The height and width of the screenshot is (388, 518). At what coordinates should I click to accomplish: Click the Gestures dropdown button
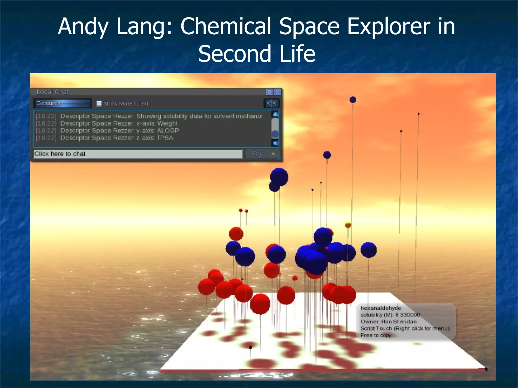pos(62,103)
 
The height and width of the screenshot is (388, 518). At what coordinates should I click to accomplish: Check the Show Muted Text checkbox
pos(99,104)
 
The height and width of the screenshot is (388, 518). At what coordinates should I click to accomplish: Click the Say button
pos(257,154)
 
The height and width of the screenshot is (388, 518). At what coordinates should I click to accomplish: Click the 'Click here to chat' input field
pos(138,154)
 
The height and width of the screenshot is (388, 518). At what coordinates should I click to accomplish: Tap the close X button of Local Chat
pos(277,92)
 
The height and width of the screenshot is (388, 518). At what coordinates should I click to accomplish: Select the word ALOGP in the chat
pos(168,131)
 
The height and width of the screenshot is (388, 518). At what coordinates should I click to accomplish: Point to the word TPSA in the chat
pos(165,138)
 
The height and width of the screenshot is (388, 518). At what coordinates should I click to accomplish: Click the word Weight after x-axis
pos(167,123)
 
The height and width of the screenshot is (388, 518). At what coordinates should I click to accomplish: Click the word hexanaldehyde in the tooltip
pos(381,308)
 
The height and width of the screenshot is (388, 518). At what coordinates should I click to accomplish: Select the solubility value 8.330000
pos(408,315)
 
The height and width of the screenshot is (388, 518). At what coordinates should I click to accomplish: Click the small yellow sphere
pos(348,225)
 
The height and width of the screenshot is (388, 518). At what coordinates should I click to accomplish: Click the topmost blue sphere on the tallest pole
pos(353,100)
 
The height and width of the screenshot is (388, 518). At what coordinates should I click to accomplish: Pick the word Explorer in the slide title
pos(388,26)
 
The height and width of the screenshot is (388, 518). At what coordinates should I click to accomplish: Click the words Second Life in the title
pos(256,54)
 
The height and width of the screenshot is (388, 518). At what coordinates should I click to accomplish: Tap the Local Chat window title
pos(53,92)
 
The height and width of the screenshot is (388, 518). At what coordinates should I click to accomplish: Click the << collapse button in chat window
pos(271,103)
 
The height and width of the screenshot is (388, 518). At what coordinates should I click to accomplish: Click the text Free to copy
pos(376,335)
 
